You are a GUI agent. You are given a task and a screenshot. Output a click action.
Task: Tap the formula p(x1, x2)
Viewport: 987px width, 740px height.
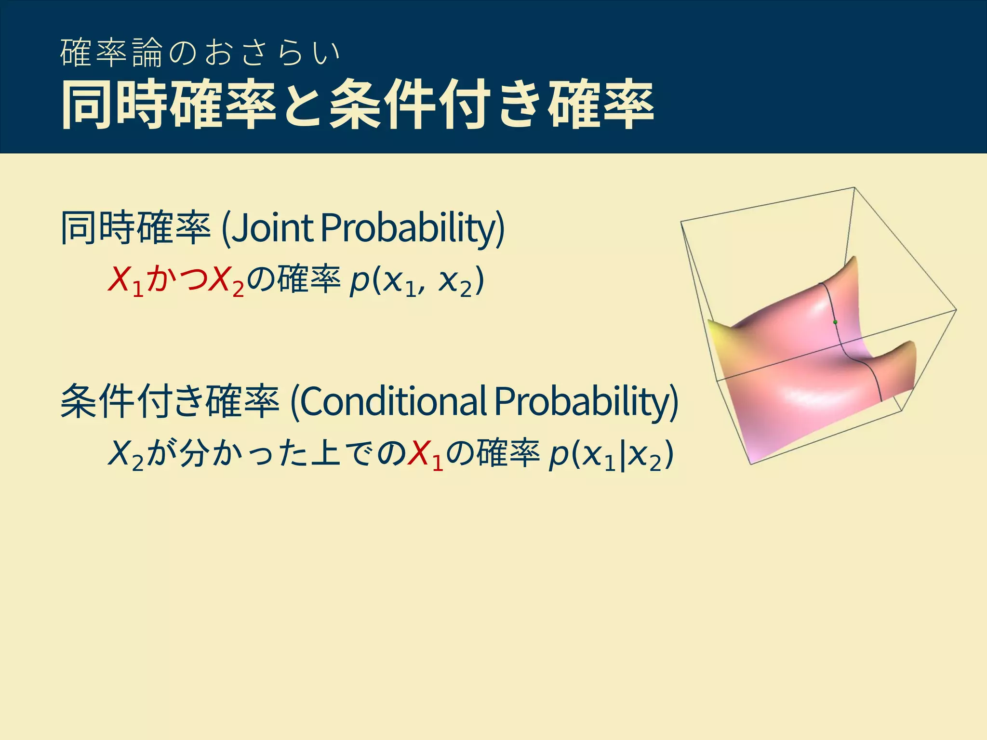416,280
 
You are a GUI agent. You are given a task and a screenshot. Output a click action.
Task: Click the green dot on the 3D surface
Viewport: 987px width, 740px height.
835,322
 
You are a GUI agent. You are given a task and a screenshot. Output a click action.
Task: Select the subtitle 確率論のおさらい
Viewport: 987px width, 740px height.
200,53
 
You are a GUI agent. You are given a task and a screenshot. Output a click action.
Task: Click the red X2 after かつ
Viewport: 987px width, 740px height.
227,280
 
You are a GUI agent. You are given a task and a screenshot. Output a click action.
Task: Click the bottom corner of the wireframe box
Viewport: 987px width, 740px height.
751,464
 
